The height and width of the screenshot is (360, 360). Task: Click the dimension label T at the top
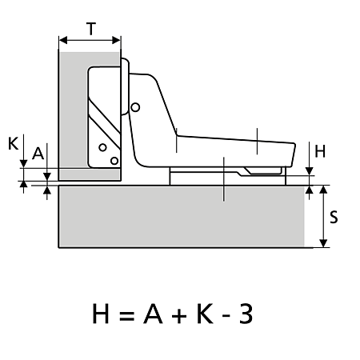point(91,29)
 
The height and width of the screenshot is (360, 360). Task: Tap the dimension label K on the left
point(14,144)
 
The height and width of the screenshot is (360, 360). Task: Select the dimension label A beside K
point(38,154)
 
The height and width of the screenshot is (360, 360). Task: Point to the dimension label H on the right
point(320,151)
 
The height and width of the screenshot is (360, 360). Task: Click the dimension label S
point(334,217)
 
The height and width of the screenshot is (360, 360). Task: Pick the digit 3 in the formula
point(246,314)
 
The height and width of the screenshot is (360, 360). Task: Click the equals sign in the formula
point(126,315)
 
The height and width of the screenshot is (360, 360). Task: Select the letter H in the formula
point(101,314)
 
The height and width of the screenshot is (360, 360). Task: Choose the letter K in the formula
point(205,314)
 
